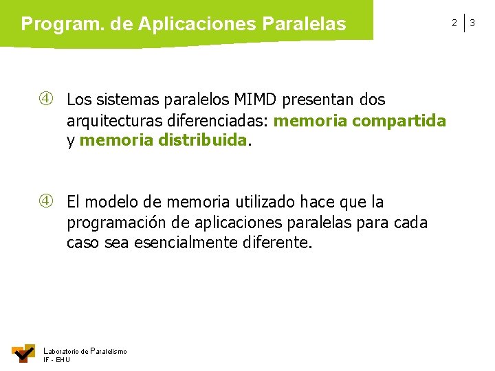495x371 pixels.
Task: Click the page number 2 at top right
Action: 454,23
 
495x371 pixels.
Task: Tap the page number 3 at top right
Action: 473,23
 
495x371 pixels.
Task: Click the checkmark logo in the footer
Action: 23,353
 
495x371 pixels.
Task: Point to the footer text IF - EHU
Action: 56,360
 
